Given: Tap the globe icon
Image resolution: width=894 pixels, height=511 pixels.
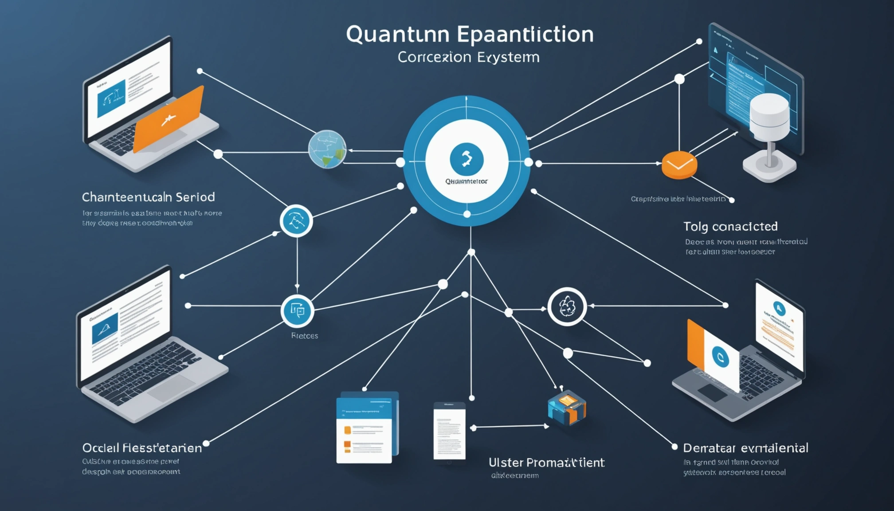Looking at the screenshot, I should pyautogui.click(x=327, y=149).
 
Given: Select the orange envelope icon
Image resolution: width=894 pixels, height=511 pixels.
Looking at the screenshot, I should pyautogui.click(x=679, y=165).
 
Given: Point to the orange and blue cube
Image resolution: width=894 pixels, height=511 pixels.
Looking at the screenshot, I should pyautogui.click(x=567, y=408).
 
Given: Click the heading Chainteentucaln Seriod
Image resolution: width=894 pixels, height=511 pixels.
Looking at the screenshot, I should pyautogui.click(x=148, y=197).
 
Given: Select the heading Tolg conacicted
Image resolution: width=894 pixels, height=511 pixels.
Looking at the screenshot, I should pyautogui.click(x=730, y=227).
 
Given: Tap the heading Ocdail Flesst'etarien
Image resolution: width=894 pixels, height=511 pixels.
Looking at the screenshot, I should pyautogui.click(x=142, y=448).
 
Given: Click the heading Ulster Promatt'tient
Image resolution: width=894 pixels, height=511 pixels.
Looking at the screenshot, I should pyautogui.click(x=546, y=463).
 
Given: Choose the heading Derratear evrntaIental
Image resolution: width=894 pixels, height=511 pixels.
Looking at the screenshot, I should pyautogui.click(x=745, y=448).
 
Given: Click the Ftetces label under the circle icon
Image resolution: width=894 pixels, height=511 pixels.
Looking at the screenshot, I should pyautogui.click(x=305, y=336).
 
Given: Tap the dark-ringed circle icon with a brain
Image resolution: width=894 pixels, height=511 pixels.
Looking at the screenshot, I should pyautogui.click(x=567, y=307).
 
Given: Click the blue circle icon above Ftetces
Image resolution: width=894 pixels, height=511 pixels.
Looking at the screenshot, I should pyautogui.click(x=297, y=311).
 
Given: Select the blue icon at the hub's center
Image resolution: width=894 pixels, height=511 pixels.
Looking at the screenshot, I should pyautogui.click(x=467, y=159).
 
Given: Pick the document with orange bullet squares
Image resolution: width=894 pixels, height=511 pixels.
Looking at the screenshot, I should pyautogui.click(x=365, y=428).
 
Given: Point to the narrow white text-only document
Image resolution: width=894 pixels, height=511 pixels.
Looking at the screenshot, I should pyautogui.click(x=449, y=432).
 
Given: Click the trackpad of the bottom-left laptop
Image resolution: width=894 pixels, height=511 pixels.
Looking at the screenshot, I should pyautogui.click(x=171, y=388).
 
